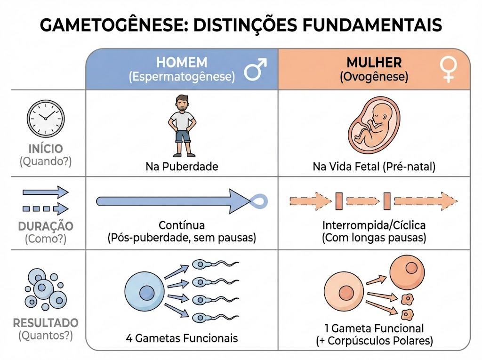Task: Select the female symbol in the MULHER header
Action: tap(449, 70)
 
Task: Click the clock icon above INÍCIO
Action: tap(46, 119)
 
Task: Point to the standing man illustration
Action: tap(182, 126)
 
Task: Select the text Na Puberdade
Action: tap(182, 167)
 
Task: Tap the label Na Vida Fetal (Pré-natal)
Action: tap(374, 167)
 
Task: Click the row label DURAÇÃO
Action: tap(46, 226)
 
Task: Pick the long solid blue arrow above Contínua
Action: tap(174, 201)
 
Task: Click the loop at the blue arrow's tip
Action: tap(259, 201)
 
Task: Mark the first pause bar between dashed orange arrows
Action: tap(339, 201)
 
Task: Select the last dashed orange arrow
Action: tap(426, 201)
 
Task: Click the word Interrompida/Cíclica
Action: tap(374, 225)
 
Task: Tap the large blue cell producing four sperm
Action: tap(145, 292)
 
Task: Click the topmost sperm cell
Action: tap(216, 264)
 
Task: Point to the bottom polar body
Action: tap(407, 314)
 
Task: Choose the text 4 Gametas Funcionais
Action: tap(182, 338)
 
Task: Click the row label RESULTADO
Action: tap(46, 323)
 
